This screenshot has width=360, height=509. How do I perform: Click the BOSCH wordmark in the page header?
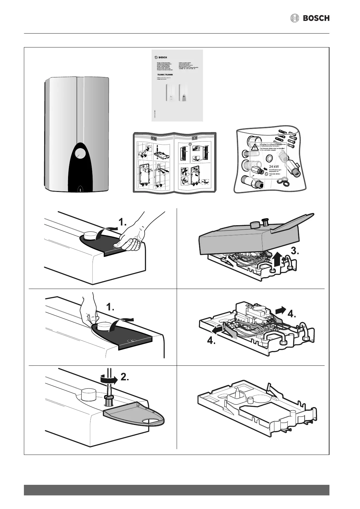click(316, 18)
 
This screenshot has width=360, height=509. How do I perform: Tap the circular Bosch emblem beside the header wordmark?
click(295, 18)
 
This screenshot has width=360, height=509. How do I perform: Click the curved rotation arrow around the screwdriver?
click(107, 378)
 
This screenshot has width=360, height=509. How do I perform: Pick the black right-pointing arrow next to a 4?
click(280, 310)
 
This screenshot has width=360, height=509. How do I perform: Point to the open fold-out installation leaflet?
click(175, 162)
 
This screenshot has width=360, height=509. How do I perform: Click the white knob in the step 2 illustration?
click(88, 395)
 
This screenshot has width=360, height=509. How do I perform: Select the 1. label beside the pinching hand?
click(110, 308)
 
